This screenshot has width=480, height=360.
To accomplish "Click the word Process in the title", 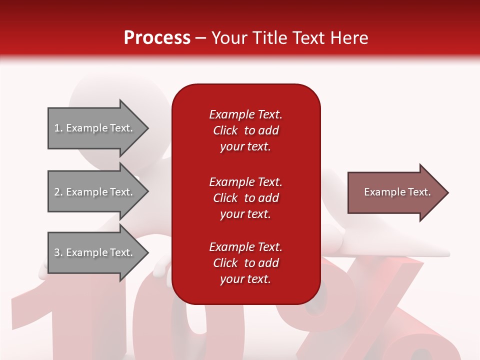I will click(x=157, y=37).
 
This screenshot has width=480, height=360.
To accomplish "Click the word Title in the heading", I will click(x=270, y=37).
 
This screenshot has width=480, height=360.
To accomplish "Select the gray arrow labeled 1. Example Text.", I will click(x=95, y=128).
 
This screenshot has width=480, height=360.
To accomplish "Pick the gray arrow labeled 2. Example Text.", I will click(x=95, y=192).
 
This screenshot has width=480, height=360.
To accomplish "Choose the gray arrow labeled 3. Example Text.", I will click(x=95, y=252).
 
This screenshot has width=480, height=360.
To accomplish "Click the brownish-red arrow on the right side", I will click(x=395, y=192).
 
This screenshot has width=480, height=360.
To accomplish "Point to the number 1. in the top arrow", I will click(x=58, y=128).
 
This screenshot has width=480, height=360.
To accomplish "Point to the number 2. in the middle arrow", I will click(x=58, y=192).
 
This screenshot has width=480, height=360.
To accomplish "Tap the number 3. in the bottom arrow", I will click(x=58, y=252).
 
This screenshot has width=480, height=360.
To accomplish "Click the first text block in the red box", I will click(x=245, y=130).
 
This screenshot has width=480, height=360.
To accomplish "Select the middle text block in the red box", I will click(x=245, y=198).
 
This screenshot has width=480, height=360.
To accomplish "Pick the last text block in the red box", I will click(x=245, y=263).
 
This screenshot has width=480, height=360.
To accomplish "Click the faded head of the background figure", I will click(x=120, y=95).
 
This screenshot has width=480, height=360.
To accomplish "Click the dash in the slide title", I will click(x=201, y=38).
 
